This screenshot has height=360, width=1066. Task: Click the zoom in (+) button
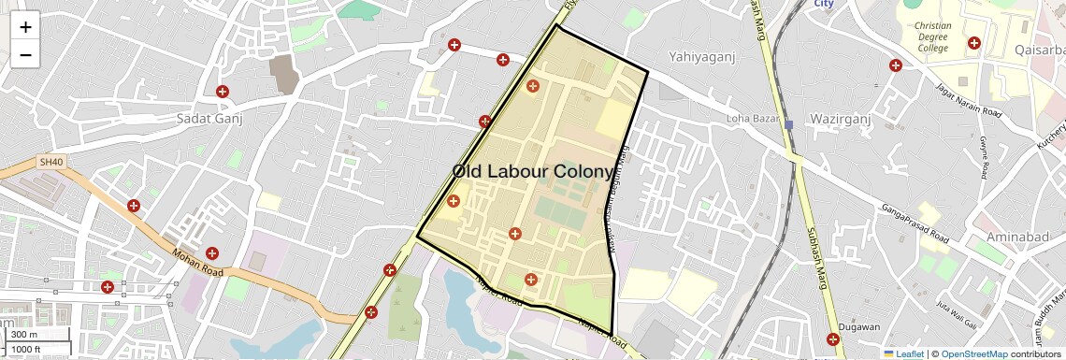pos(25,26)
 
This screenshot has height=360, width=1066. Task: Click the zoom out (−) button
pos(25,54)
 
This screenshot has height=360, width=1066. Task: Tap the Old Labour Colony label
pos(533,172)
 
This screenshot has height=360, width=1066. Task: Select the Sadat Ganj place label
pos(209,119)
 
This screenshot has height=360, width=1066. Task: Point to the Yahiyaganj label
pos(701,57)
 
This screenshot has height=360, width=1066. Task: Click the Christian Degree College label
pos(932,37)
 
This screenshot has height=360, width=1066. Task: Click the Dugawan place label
pos(859,326)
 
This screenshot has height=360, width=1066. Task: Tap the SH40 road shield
pos(50,162)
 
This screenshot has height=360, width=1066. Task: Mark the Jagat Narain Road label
pos(969,102)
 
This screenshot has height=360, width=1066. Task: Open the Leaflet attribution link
pos(903,353)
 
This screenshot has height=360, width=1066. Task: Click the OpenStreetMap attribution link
pos(973,353)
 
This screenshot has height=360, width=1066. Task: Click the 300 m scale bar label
pos(24,335)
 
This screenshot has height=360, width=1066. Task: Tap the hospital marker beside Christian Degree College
pos(973,43)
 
